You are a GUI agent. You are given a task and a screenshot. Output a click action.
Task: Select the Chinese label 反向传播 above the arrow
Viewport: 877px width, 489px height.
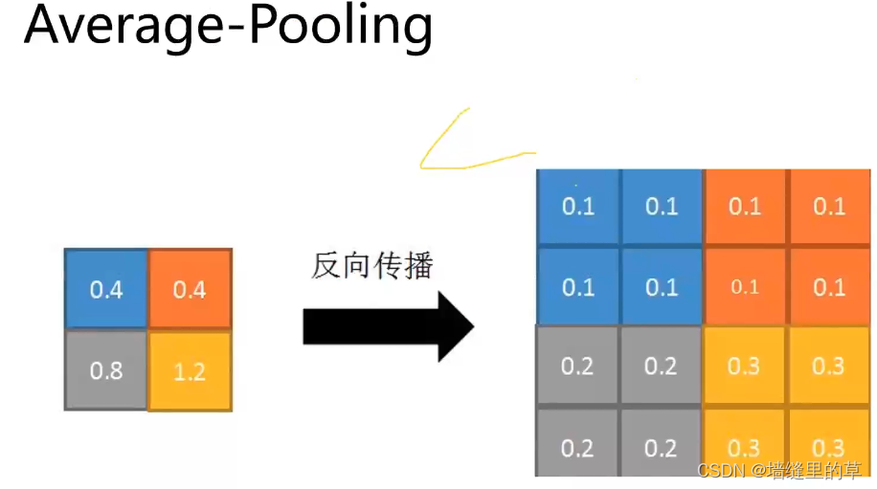click(x=372, y=266)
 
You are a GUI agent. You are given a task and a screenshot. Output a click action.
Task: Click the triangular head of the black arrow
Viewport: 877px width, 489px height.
click(x=456, y=327)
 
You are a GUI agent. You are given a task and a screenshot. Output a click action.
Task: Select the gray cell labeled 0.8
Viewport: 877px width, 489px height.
click(x=106, y=370)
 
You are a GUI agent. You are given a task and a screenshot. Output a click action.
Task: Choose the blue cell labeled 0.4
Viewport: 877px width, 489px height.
click(x=106, y=289)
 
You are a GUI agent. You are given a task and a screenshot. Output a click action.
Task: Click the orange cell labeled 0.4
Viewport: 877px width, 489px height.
click(x=190, y=289)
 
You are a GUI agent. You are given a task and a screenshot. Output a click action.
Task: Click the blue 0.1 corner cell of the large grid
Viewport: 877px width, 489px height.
click(x=578, y=207)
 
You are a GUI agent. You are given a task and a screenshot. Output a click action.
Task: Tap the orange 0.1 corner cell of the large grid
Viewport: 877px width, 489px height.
click(x=829, y=207)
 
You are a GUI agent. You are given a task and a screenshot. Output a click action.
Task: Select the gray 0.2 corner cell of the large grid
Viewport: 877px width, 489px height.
click(x=578, y=448)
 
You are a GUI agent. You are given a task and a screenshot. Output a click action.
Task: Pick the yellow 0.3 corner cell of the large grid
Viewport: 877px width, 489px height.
click(x=829, y=448)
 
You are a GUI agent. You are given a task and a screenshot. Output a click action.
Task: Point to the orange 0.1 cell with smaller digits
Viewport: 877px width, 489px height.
click(x=745, y=287)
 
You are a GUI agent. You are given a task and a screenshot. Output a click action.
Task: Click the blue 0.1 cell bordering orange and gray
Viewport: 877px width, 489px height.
click(x=662, y=287)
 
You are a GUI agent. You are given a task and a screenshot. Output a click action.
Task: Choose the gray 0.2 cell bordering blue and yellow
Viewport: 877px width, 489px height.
click(x=662, y=367)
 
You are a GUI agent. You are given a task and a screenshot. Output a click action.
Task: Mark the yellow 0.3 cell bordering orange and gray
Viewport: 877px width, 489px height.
click(x=745, y=367)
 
